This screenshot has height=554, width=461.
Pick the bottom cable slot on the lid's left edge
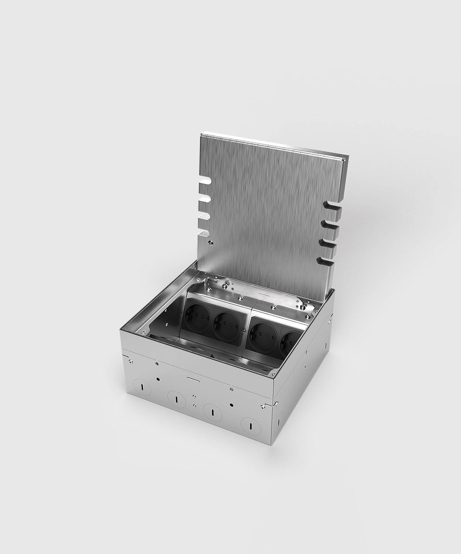(x=204, y=233)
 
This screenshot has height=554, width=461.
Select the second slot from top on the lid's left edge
(x=204, y=199)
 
